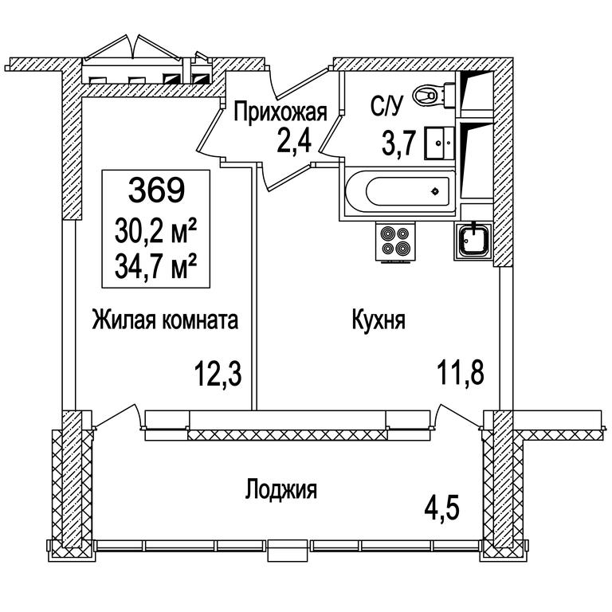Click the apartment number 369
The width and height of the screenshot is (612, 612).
coord(156,190)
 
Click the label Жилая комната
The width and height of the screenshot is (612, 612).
coord(165,320)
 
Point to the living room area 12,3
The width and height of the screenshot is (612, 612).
coord(218,373)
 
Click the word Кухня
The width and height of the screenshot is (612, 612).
coord(379,321)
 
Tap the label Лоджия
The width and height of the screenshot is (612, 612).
coord(281,489)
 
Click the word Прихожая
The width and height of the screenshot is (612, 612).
coord(280,112)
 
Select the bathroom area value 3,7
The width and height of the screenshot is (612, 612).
coord(397,143)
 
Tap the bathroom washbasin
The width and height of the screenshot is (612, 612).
coord(440,143)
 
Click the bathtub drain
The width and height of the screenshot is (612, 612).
coord(435,191)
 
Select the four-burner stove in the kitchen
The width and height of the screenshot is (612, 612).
coord(395,241)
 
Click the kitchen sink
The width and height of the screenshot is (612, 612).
coord(473,241)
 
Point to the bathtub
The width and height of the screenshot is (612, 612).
coord(400,191)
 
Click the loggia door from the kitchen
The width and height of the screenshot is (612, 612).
coord(457,416)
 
